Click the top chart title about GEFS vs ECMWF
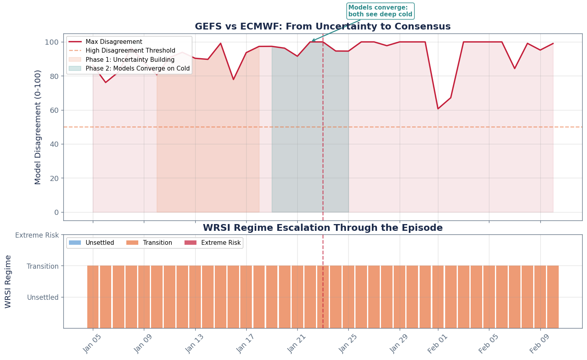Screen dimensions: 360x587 pos(322,27)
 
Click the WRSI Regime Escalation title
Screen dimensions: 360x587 pos(322,228)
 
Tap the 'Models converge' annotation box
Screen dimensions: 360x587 pos(380,11)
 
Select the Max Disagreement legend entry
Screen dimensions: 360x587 pos(114,42)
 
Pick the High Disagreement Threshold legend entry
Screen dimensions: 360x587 pos(130,51)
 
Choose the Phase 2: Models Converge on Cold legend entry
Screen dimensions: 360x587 pos(137,69)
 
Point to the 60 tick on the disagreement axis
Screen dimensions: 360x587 pos(54,110)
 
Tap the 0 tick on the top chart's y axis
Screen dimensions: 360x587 pos(56,212)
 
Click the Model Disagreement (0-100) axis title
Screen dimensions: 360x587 pos(38,127)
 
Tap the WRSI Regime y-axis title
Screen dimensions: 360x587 pos(8,281)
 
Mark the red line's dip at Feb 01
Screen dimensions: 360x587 pos(438,109)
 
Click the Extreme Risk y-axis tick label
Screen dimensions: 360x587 pos(37,235)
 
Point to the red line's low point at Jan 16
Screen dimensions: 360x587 pos(234,79)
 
